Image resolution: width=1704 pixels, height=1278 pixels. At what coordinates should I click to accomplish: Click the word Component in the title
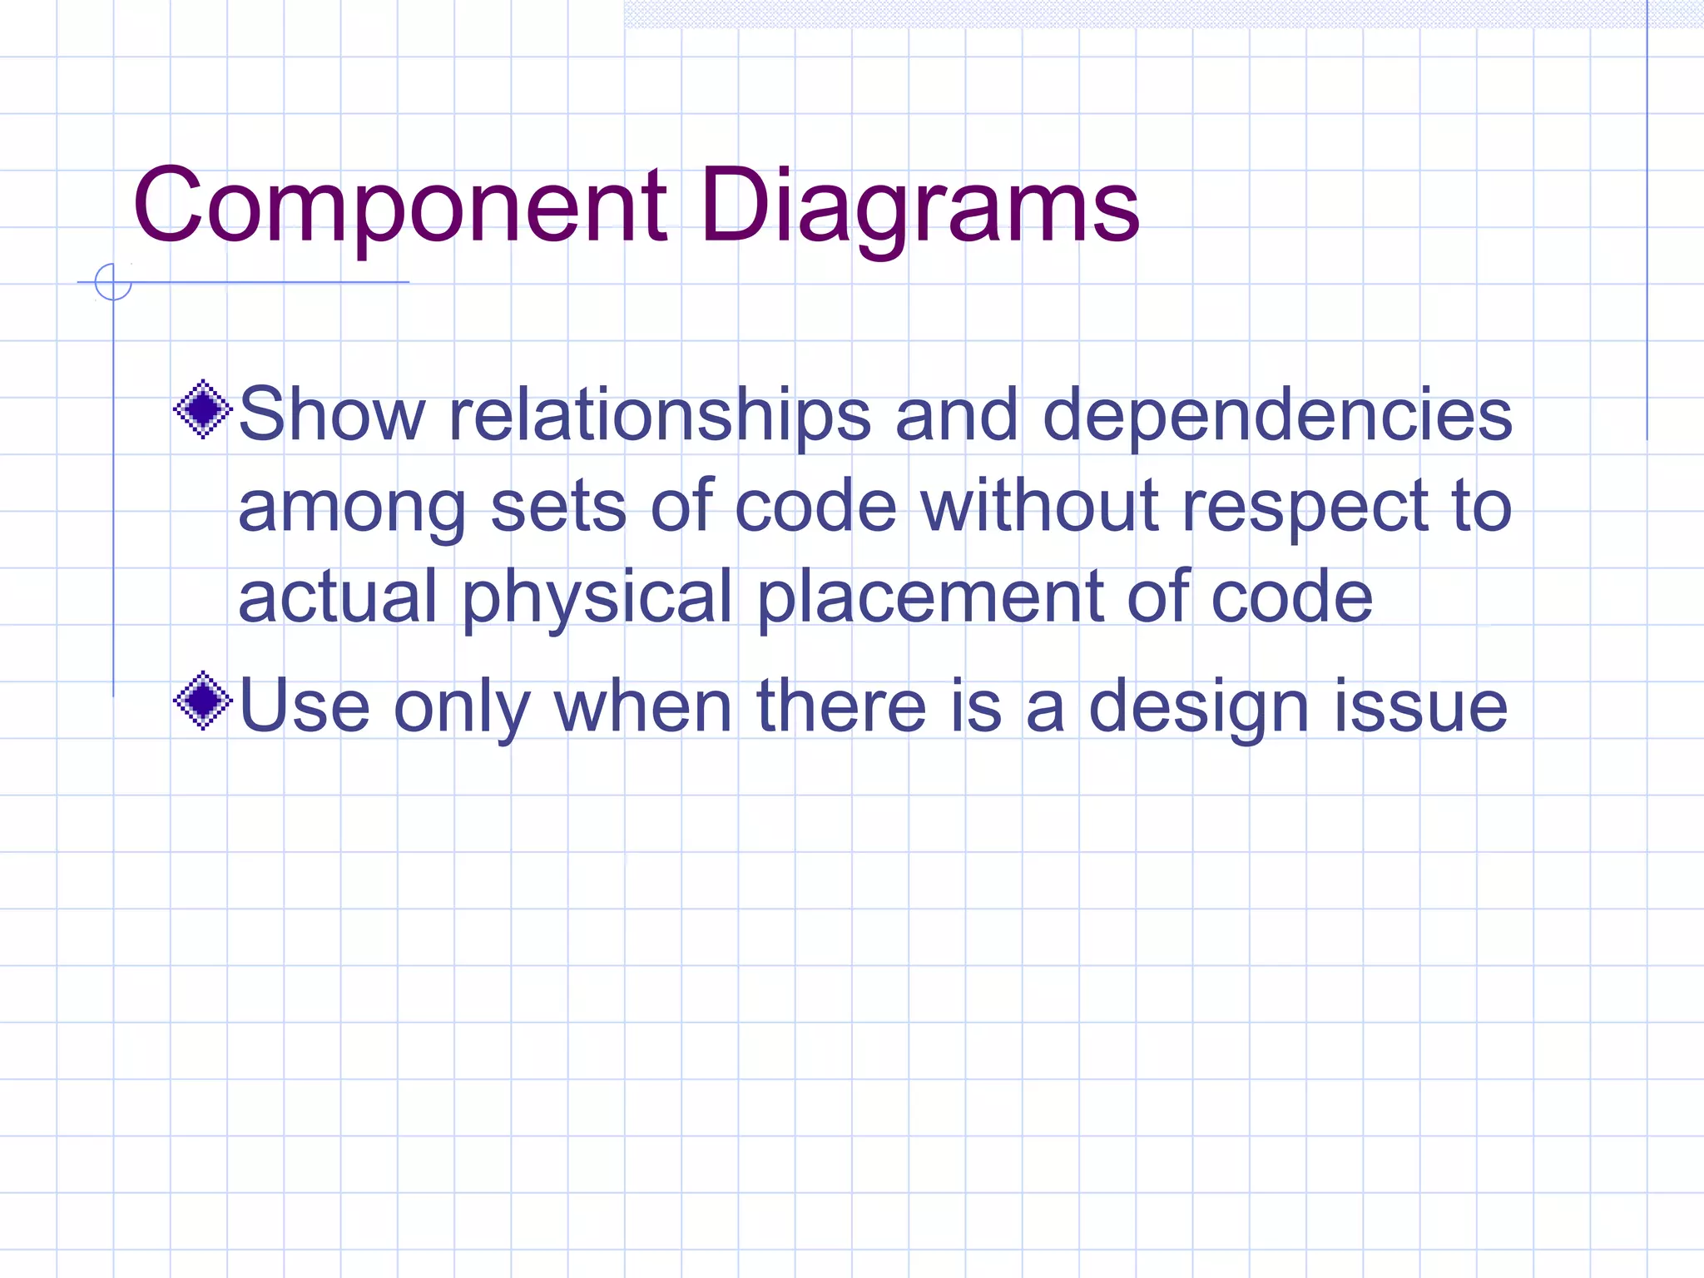(x=399, y=206)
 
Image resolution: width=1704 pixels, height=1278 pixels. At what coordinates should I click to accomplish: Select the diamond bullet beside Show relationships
(x=202, y=409)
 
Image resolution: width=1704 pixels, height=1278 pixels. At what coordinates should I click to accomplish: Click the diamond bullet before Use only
(x=202, y=701)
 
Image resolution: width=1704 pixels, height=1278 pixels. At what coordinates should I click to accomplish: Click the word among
(x=352, y=507)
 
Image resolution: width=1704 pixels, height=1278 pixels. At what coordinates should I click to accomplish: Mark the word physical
(x=597, y=597)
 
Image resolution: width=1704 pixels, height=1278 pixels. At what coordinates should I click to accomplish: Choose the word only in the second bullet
(x=461, y=707)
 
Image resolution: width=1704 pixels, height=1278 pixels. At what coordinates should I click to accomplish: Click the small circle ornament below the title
(x=113, y=282)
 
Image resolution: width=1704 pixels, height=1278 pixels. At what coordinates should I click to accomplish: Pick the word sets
(x=557, y=507)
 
